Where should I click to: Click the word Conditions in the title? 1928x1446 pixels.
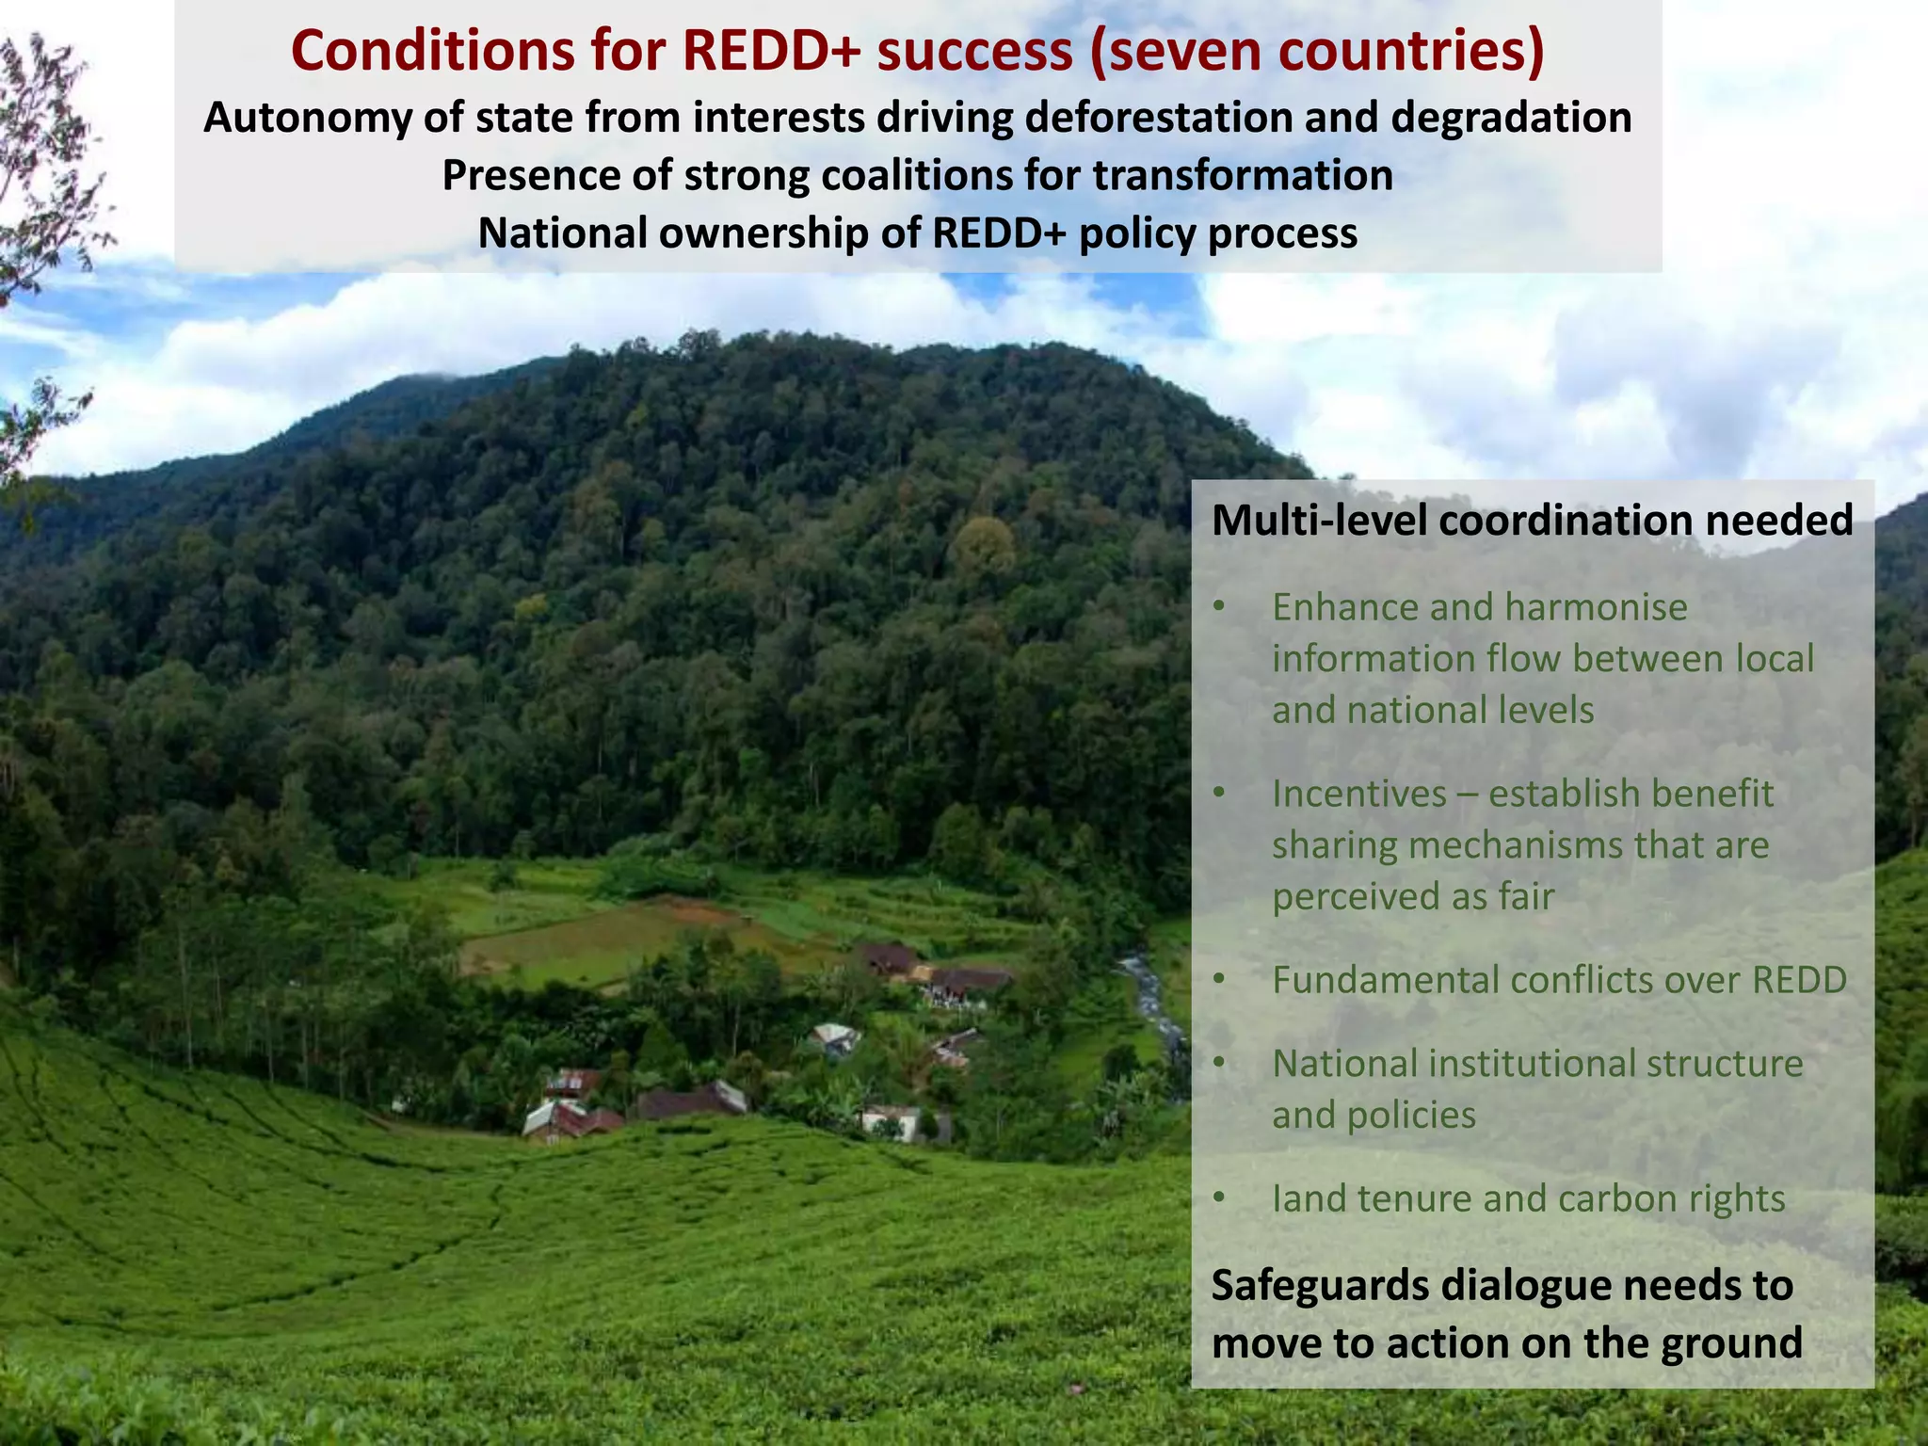pyautogui.click(x=432, y=52)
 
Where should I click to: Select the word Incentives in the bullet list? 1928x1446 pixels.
pyautogui.click(x=1358, y=794)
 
